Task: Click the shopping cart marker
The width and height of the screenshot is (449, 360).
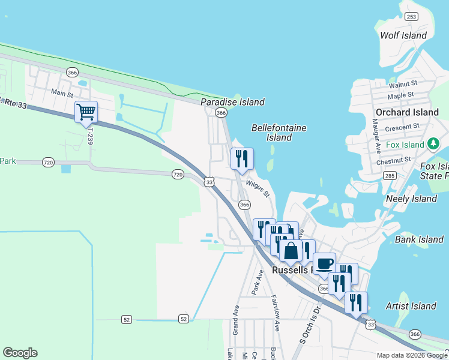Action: (x=86, y=112)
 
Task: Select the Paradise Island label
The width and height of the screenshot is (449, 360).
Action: (x=232, y=102)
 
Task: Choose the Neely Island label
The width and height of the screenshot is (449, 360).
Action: (x=412, y=199)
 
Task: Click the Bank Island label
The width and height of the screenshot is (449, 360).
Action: (x=419, y=239)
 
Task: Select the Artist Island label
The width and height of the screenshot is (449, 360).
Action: (x=411, y=306)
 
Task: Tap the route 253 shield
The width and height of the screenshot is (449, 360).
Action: (x=411, y=16)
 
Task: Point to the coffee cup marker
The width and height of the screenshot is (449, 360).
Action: (x=324, y=263)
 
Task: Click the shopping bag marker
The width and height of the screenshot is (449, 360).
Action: (x=291, y=250)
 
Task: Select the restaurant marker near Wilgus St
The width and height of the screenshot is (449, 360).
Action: (x=242, y=158)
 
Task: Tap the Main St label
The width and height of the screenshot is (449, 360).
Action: (x=62, y=93)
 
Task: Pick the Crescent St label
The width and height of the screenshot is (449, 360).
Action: (x=402, y=127)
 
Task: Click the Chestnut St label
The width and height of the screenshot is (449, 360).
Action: (x=393, y=161)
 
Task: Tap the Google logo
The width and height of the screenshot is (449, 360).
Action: (x=20, y=353)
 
